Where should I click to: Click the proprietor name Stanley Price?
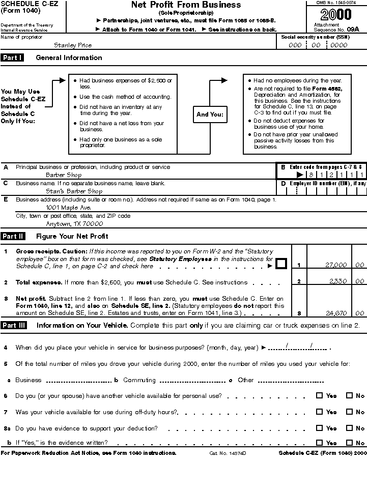click(x=73, y=45)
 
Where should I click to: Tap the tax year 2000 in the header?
click(x=335, y=15)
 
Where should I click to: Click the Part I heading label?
click(x=12, y=57)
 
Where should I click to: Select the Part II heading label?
click(x=13, y=236)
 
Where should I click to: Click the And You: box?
click(x=210, y=114)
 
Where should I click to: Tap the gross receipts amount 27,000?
click(x=335, y=265)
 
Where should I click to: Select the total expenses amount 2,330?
click(x=337, y=281)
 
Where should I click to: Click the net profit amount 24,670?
click(x=335, y=313)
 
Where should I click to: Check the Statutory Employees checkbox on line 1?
click(x=281, y=264)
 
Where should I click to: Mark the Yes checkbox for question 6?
click(x=319, y=395)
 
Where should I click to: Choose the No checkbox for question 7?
click(x=349, y=412)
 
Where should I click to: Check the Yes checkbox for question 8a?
click(x=319, y=428)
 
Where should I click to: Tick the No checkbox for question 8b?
click(x=349, y=443)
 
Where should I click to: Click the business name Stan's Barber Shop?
click(x=74, y=191)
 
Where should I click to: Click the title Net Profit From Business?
click(x=186, y=5)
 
